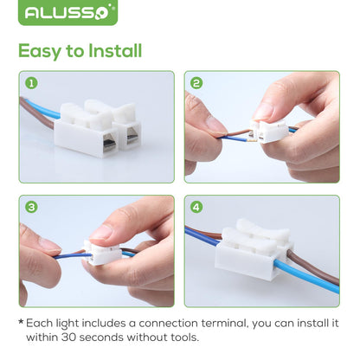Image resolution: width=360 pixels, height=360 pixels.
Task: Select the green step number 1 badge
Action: [32, 84]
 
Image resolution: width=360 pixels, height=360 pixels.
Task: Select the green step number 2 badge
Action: [197, 84]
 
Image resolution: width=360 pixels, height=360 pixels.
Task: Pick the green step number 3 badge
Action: [32, 208]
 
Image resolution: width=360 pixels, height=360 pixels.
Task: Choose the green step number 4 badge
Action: [197, 208]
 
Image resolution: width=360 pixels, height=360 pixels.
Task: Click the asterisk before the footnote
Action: [20, 323]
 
